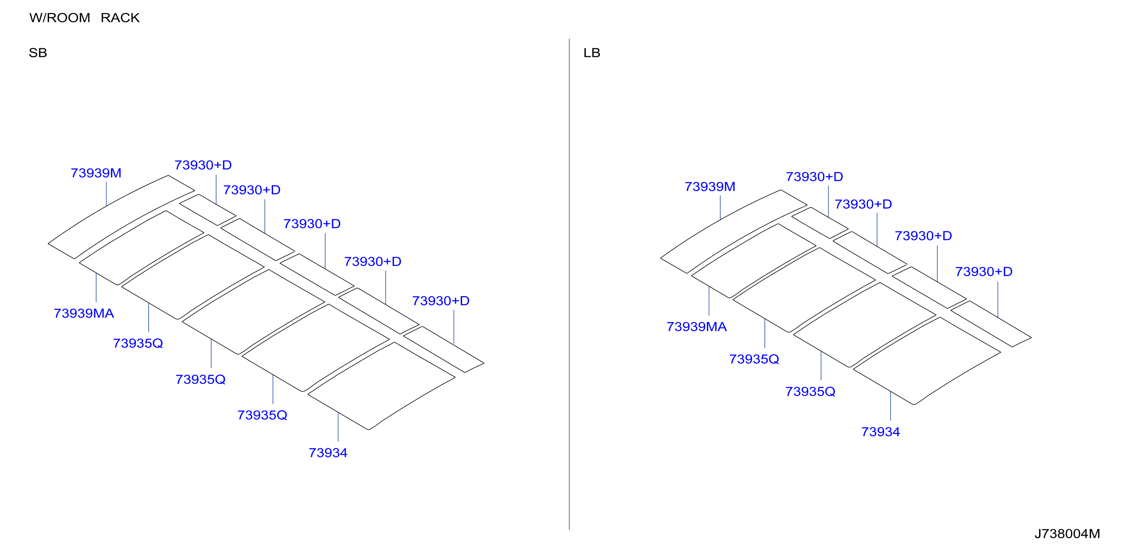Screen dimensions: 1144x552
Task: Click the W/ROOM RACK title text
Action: tap(84, 18)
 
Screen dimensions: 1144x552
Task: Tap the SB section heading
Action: tap(38, 53)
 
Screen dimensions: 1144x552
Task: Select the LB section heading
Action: tap(592, 53)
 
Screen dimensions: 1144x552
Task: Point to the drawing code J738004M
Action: tap(1067, 533)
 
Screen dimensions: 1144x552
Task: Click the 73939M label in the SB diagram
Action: tap(96, 173)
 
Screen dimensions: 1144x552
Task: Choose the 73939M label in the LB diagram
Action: tap(710, 187)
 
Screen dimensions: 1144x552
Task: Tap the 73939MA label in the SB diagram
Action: tap(84, 313)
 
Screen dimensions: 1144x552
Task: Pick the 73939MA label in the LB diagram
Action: tap(696, 327)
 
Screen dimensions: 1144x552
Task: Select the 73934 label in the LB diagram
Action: tap(880, 431)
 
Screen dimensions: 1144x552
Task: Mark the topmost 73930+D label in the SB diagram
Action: tap(203, 165)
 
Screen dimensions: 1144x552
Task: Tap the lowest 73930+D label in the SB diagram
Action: tap(441, 301)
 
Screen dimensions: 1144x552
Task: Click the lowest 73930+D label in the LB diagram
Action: tap(984, 272)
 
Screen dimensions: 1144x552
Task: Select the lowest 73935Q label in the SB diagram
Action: tap(262, 415)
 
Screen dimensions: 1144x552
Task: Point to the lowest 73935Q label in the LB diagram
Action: tap(810, 392)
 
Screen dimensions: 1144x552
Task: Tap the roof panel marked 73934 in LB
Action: tap(927, 361)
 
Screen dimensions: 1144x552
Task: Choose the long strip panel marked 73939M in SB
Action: tap(121, 217)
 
